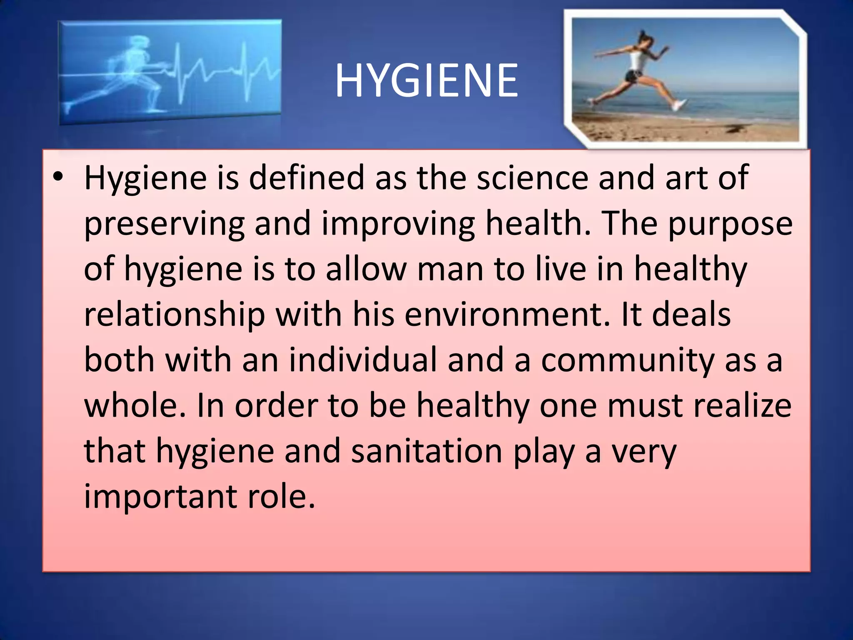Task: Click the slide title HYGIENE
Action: [x=426, y=80]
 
